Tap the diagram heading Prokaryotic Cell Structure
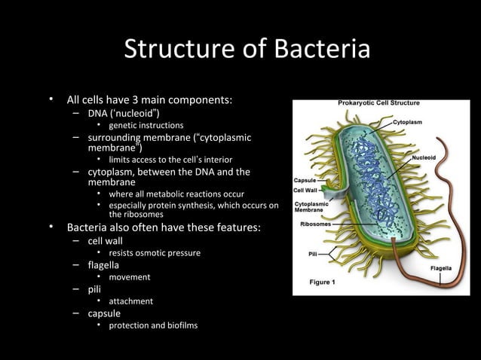(x=378, y=103)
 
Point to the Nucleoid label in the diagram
(x=424, y=158)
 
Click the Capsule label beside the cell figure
(x=305, y=181)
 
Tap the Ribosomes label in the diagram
(x=314, y=224)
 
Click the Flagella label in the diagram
(x=440, y=268)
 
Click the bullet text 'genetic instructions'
(x=145, y=125)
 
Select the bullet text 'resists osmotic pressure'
(x=155, y=253)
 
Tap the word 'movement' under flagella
(x=129, y=277)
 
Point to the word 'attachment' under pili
(x=130, y=301)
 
